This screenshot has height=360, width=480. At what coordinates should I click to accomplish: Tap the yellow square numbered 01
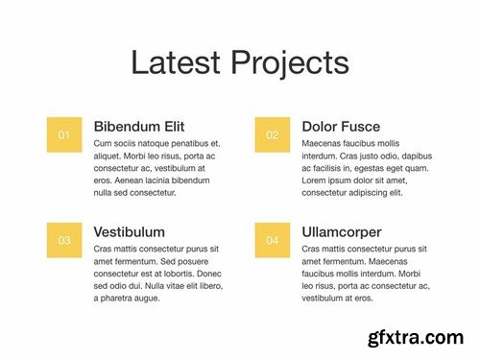64,134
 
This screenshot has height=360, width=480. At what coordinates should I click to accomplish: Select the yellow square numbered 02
273,134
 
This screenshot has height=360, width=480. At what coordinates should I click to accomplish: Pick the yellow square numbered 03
64,240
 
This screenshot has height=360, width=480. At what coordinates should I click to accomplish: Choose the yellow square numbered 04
273,240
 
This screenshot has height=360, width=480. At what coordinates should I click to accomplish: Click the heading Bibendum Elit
139,127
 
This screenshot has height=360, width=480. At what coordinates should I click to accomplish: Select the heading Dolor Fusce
341,127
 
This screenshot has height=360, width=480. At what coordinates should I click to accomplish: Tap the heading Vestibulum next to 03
129,232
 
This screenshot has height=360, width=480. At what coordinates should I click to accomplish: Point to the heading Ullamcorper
341,232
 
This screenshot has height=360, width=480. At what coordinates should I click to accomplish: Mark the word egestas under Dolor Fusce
377,168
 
